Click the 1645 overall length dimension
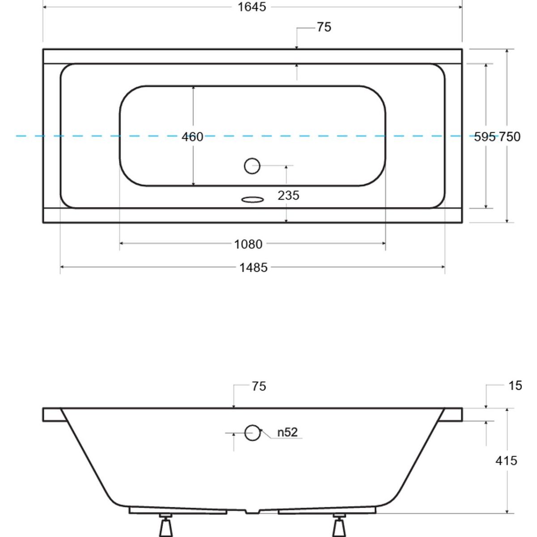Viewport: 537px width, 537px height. click(252, 7)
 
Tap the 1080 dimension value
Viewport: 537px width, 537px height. click(248, 244)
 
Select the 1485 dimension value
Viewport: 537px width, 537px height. click(254, 268)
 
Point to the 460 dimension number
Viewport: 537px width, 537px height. click(192, 137)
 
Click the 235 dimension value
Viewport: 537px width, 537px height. click(289, 196)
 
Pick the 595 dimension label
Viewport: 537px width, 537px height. click(485, 137)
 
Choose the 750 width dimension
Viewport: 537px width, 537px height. click(509, 137)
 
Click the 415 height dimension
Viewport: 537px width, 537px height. click(506, 460)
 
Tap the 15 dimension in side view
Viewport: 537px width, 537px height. click(515, 386)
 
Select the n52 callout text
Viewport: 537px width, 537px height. click(288, 432)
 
